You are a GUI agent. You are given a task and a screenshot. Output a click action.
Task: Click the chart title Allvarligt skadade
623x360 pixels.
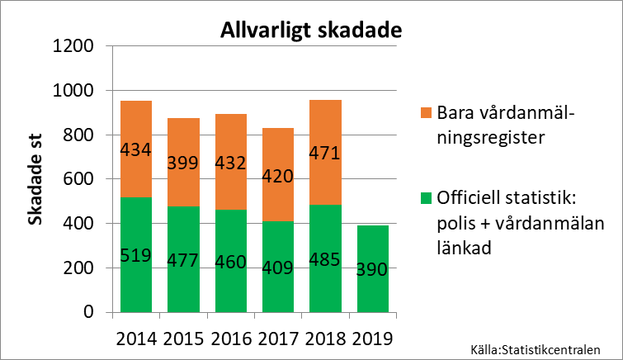pyautogui.click(x=310, y=31)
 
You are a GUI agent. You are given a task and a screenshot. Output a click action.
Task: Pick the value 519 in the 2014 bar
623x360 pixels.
pyautogui.click(x=135, y=254)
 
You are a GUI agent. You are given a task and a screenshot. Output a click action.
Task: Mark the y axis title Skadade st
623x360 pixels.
pyautogui.click(x=36, y=179)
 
